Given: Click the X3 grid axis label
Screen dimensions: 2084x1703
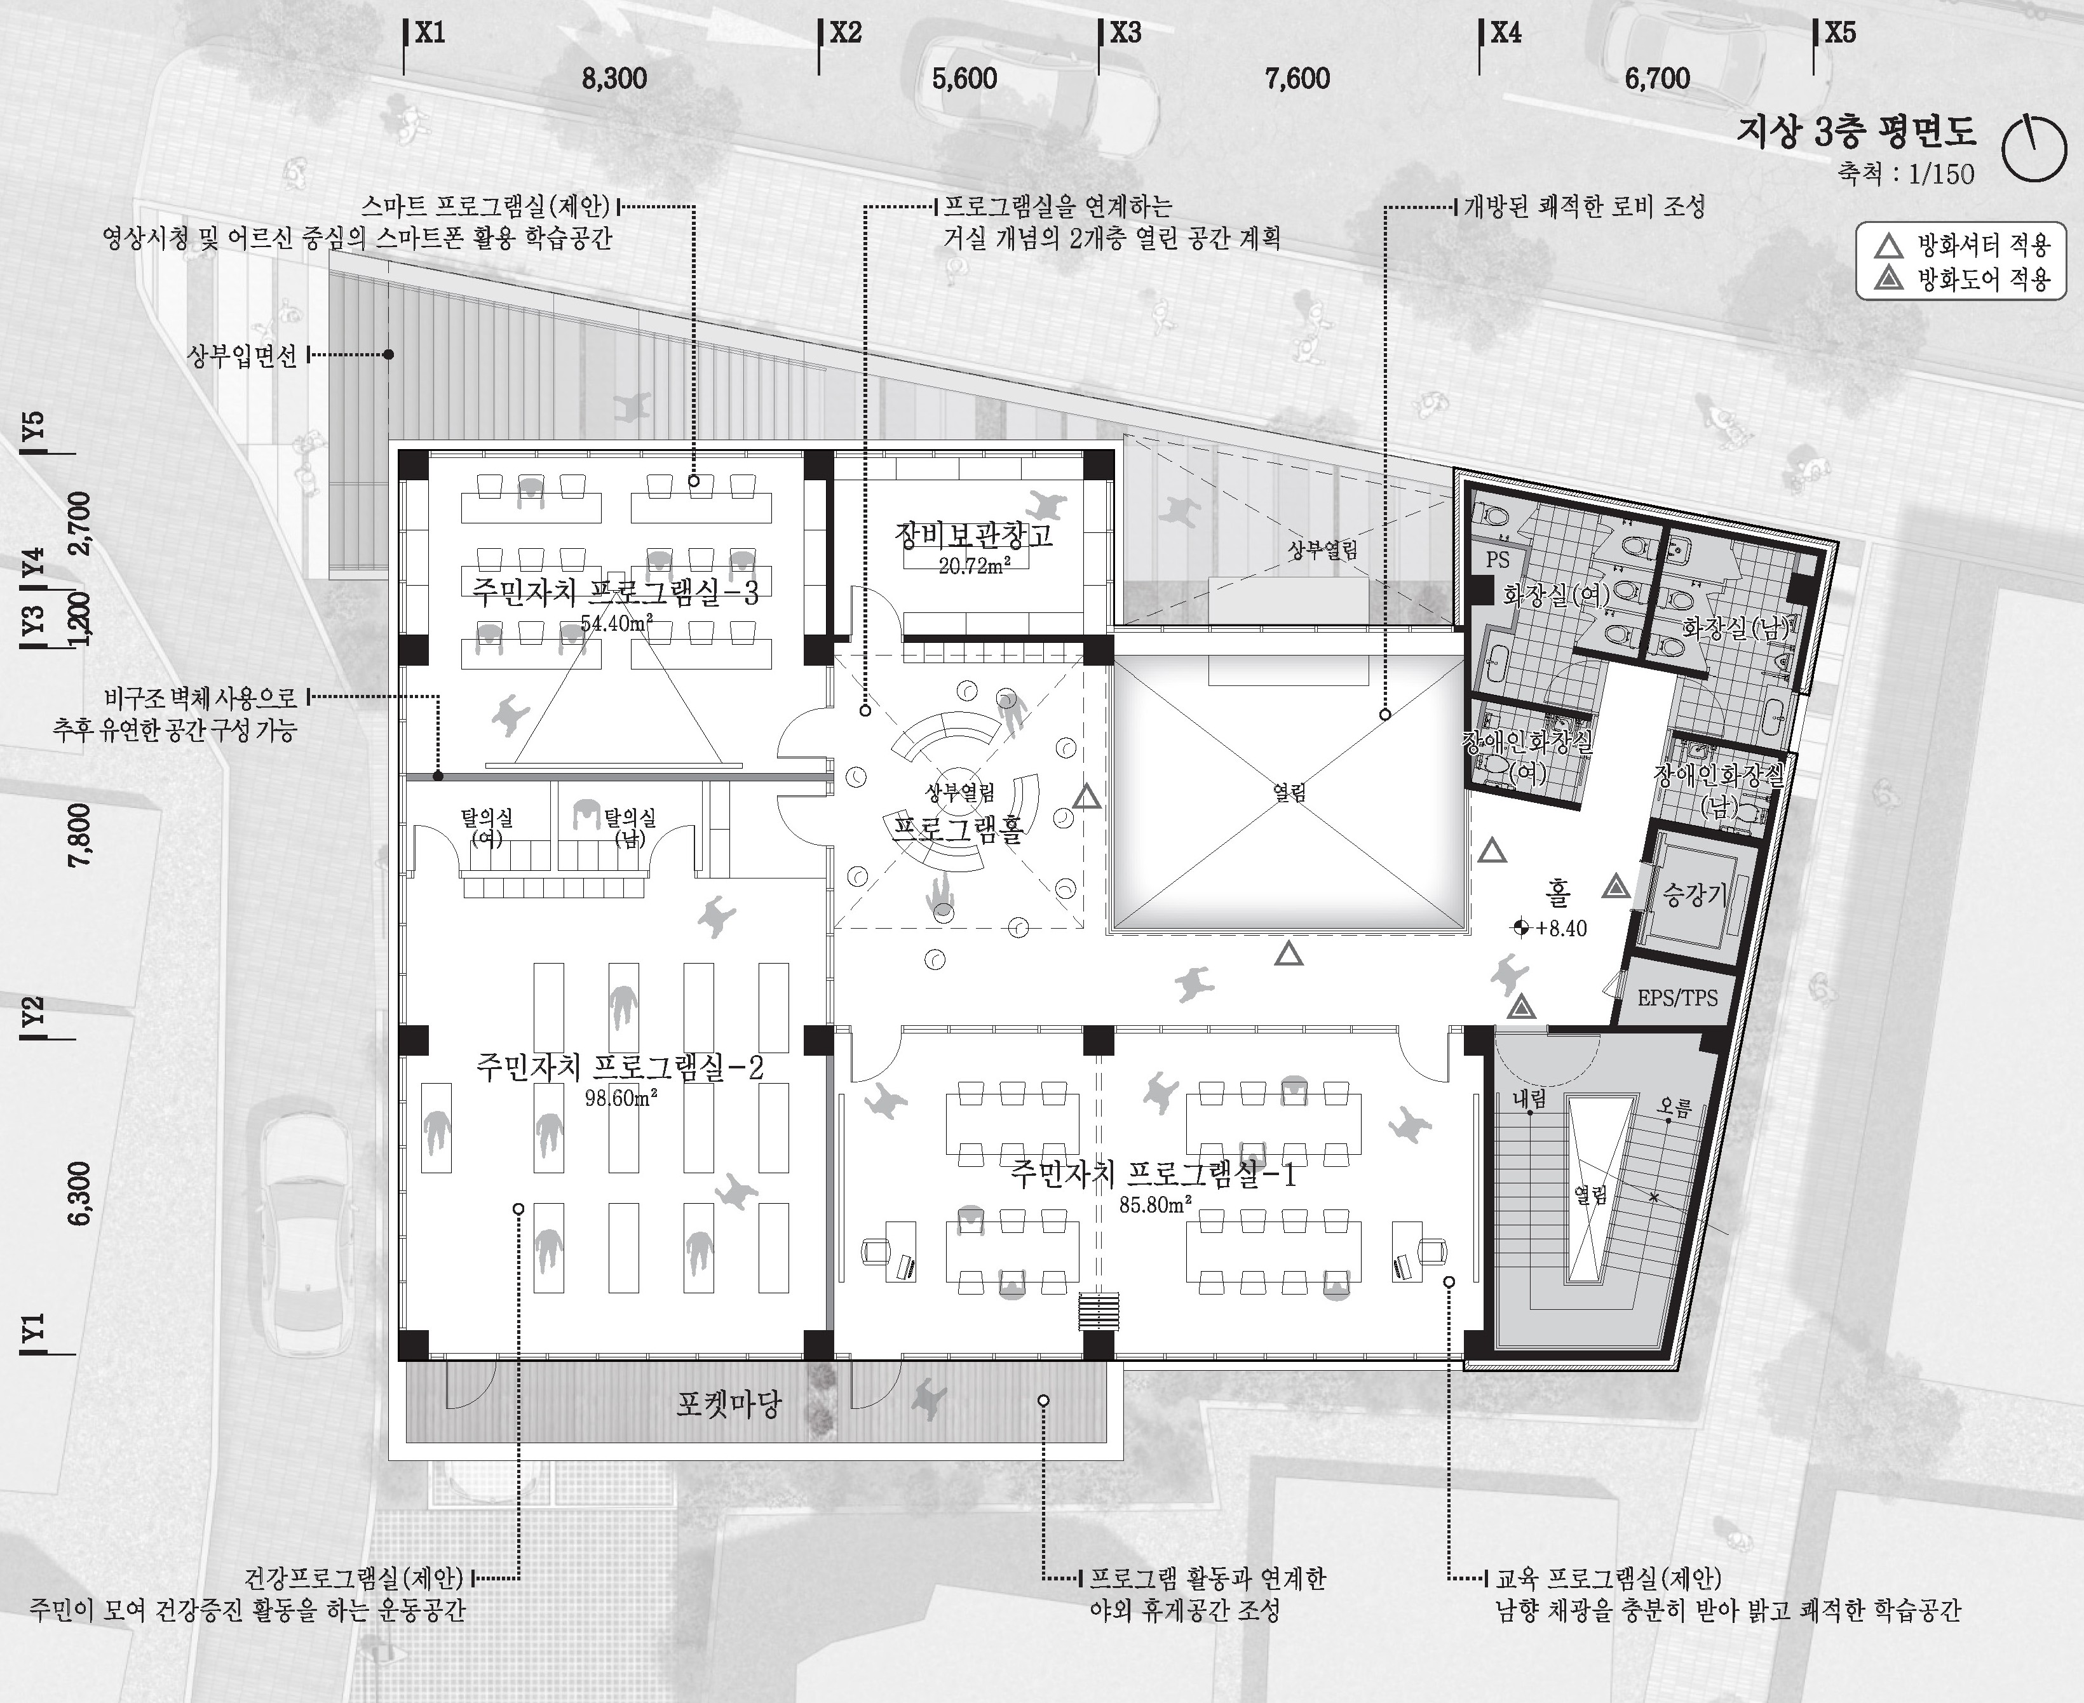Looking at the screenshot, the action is [1125, 34].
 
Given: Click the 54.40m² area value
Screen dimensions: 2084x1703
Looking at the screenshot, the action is [617, 623].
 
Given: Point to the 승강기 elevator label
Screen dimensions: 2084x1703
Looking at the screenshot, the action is [1693, 894].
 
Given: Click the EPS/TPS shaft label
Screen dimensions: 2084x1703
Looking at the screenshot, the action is [1678, 999].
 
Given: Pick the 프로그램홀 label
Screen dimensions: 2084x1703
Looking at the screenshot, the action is [959, 829].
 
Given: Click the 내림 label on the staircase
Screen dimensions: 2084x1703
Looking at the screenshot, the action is [1529, 1099].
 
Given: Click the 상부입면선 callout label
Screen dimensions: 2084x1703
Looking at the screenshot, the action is [241, 355].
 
